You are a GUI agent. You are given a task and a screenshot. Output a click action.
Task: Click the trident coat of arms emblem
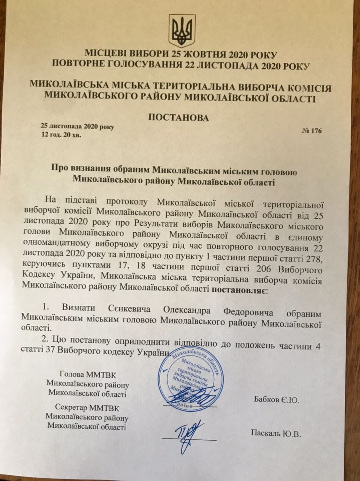click(x=181, y=32)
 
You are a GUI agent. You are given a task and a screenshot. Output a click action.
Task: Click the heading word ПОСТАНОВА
click(x=179, y=118)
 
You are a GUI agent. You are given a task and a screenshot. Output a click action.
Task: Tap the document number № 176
click(x=312, y=131)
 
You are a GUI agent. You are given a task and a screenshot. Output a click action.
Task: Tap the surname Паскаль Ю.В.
click(x=276, y=433)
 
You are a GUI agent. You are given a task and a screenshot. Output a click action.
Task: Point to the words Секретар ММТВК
click(x=87, y=408)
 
